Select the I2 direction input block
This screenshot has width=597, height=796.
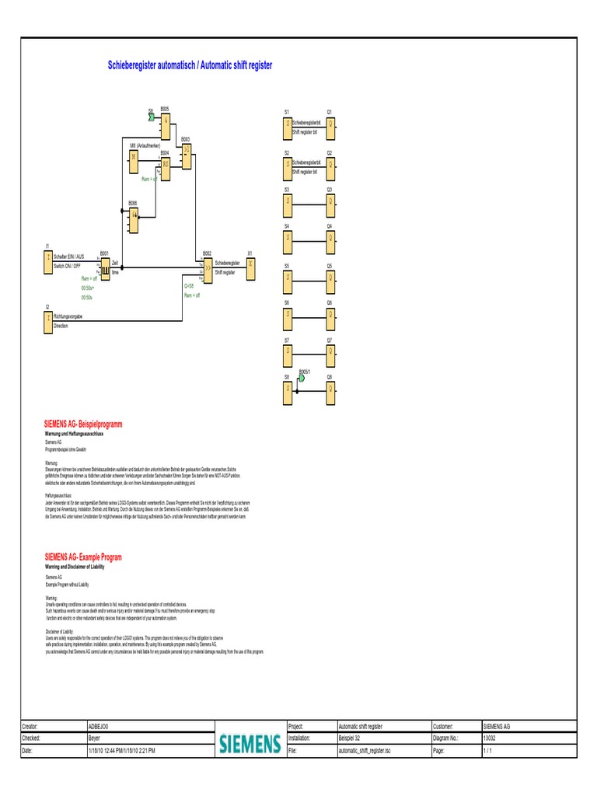pos(48,321)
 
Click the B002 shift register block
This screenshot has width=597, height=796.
pos(208,267)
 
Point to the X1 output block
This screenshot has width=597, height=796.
pos(250,264)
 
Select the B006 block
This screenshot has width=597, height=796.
pos(134,215)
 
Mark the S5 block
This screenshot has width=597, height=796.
pos(288,277)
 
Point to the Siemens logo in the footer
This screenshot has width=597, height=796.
pos(249,744)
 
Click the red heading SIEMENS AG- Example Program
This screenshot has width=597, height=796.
pos(83,557)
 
